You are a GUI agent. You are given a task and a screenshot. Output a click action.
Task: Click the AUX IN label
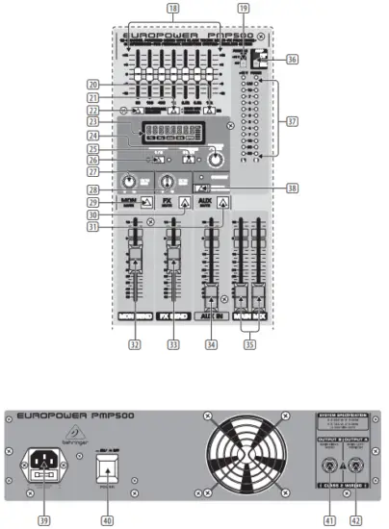[x=208, y=315]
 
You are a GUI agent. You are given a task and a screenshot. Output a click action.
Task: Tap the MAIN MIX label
[x=248, y=315]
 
